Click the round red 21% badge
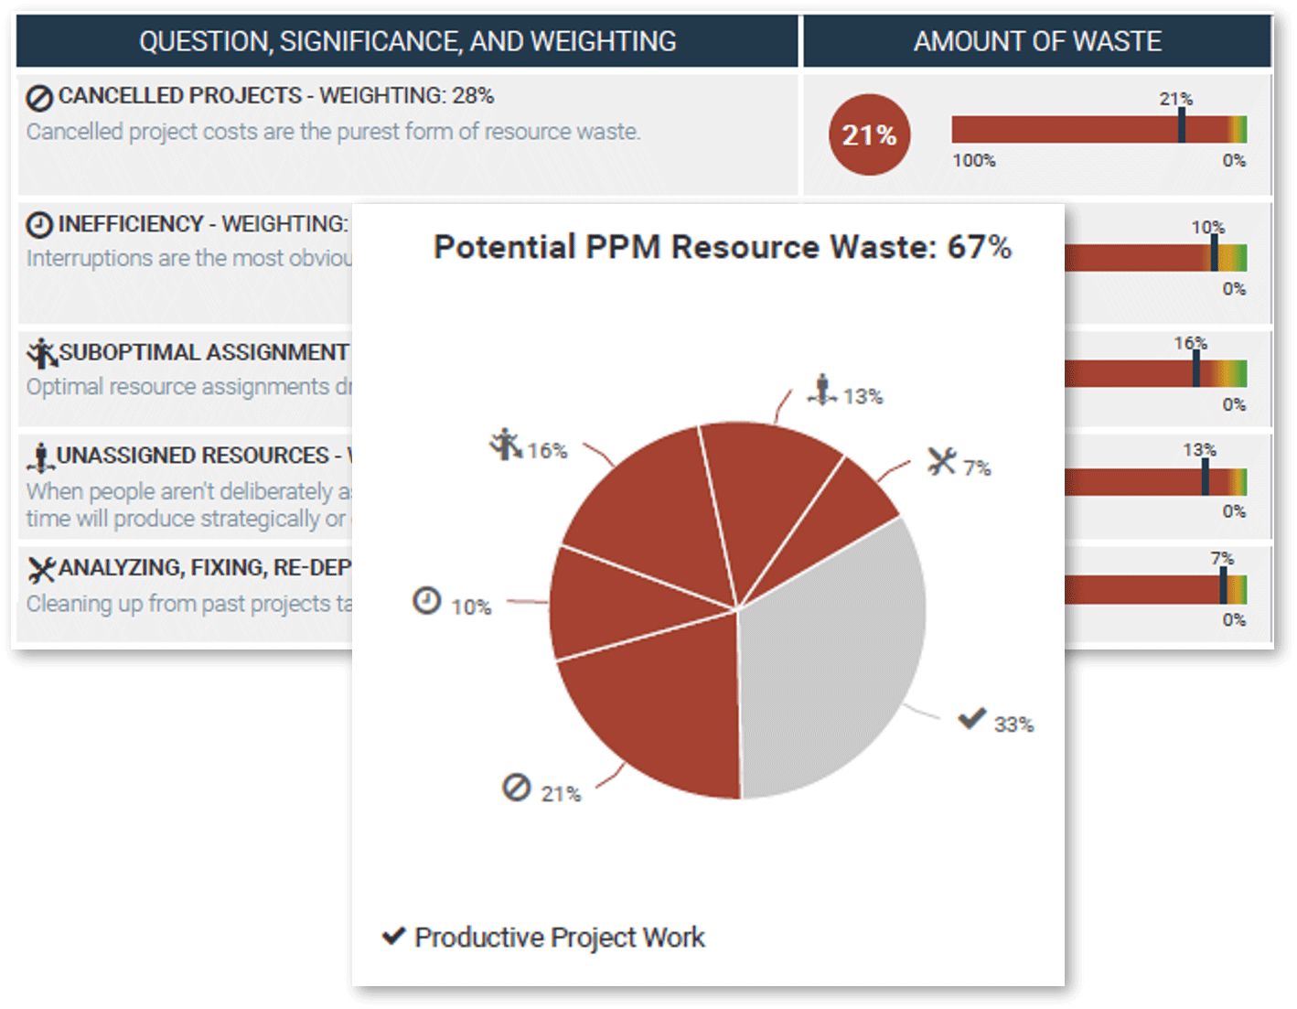[x=869, y=135]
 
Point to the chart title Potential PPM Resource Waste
[x=722, y=247]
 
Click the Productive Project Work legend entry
[x=559, y=938]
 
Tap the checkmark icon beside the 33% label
[x=971, y=719]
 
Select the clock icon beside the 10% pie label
[x=427, y=601]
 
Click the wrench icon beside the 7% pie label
[x=941, y=461]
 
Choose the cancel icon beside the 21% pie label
[x=516, y=788]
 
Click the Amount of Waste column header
[x=1037, y=41]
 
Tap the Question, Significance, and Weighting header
[x=407, y=41]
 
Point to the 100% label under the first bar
[x=973, y=161]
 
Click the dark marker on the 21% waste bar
[x=1182, y=126]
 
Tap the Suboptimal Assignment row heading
[x=203, y=352]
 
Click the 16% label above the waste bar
[x=1190, y=343]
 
